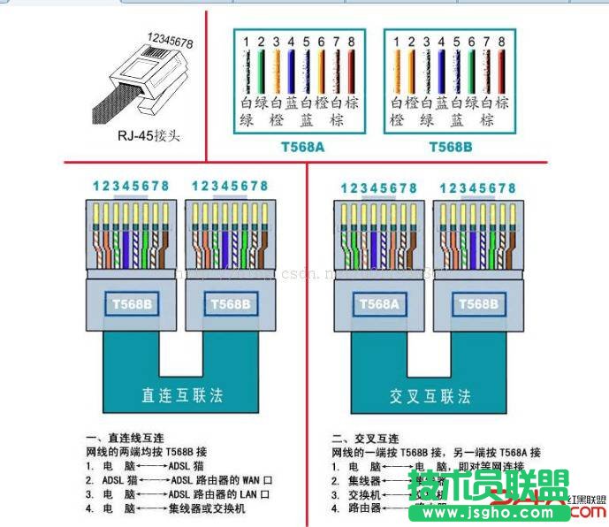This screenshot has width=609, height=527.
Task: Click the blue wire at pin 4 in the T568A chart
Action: coord(292,71)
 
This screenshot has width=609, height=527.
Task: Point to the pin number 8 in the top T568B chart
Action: coord(501,41)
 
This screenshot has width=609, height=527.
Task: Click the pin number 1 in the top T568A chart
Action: coord(248,41)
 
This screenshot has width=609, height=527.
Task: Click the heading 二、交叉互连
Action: coord(365,439)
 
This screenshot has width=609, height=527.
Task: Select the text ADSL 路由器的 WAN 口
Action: coord(217,480)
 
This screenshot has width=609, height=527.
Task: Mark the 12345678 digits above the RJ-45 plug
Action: coord(171,40)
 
